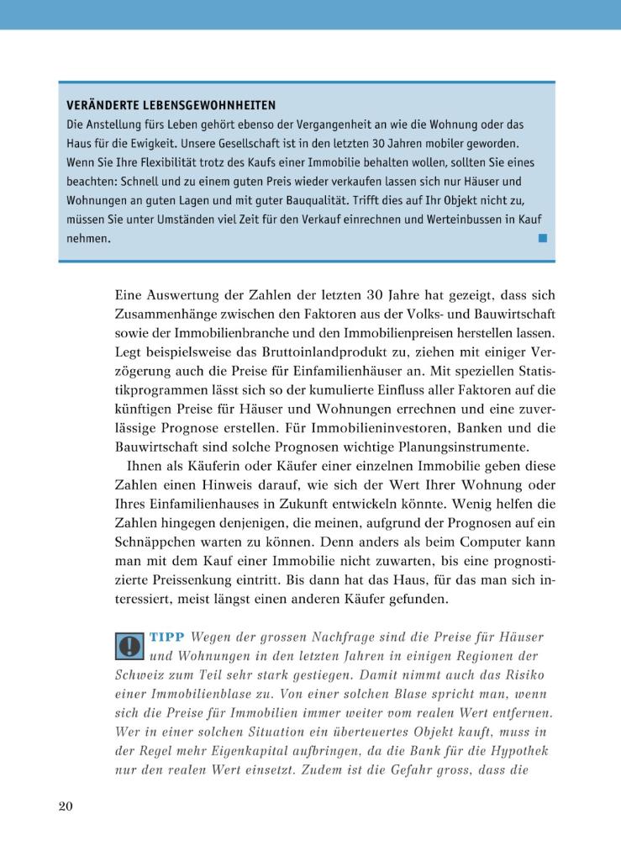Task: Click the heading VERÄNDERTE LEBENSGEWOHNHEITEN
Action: tap(171, 105)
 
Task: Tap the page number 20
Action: tap(66, 807)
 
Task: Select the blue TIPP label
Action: tap(167, 637)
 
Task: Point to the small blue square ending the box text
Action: tap(542, 238)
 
